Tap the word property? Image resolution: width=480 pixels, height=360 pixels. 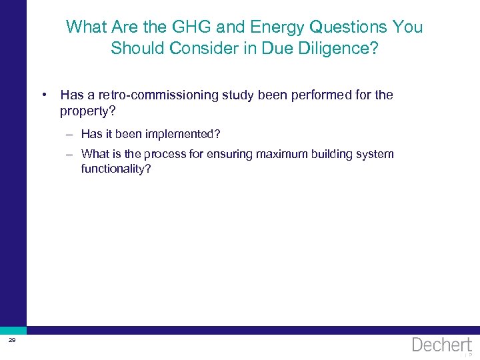pos(87,110)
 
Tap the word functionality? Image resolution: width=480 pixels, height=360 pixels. pos(116,169)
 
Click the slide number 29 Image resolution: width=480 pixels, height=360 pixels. pos(12,341)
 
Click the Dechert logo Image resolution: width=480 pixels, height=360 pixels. pos(441,345)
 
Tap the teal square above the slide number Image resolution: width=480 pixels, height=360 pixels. pos(13,330)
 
